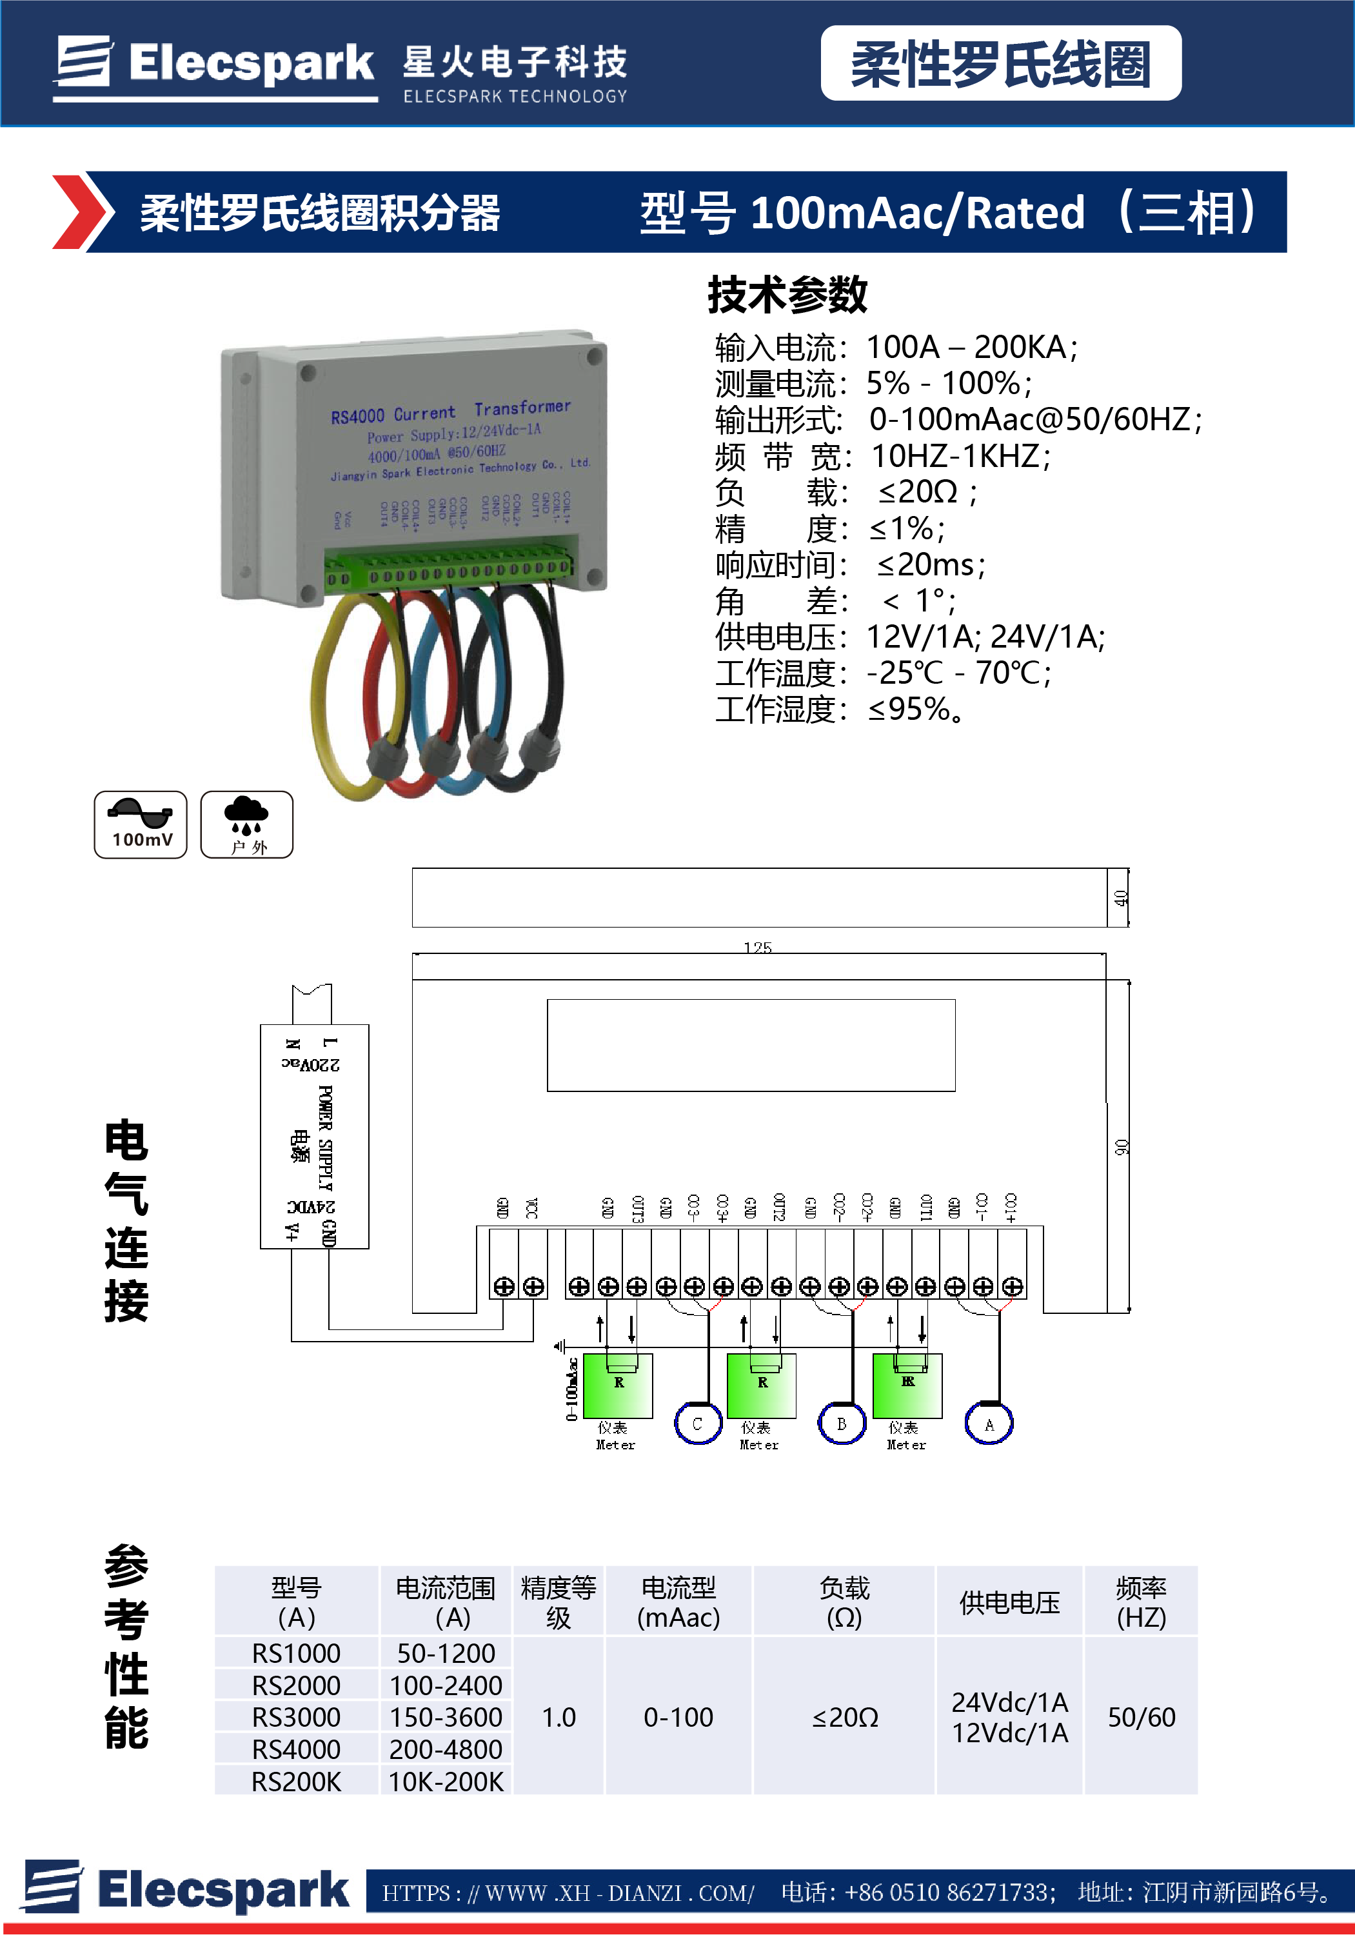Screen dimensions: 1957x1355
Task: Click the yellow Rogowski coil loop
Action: [326, 696]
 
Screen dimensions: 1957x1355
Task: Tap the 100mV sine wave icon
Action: [141, 824]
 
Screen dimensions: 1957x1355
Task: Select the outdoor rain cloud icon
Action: [246, 824]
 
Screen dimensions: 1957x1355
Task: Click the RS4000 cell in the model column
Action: [295, 1749]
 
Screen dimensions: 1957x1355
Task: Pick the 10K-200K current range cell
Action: [446, 1782]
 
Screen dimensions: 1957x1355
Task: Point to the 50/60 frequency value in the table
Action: [1141, 1716]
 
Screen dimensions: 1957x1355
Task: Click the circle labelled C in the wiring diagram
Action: [697, 1424]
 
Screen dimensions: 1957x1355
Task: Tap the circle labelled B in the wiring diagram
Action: [842, 1424]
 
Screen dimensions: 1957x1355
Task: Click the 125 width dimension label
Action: [757, 948]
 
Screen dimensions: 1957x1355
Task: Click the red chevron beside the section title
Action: [81, 212]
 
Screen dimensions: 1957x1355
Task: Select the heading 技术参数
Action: [787, 295]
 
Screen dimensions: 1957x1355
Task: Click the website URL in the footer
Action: [568, 1892]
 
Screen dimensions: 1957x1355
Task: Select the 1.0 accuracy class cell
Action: [559, 1716]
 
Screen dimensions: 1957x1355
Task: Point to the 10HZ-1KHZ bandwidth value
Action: [960, 457]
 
